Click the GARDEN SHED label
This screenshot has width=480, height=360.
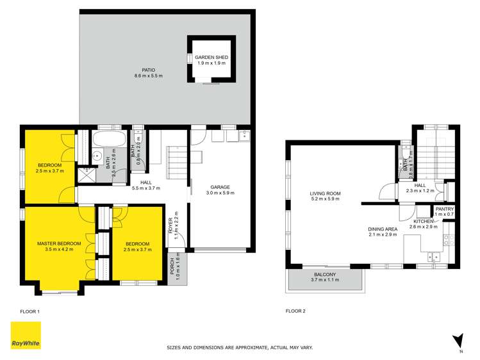tap(211, 58)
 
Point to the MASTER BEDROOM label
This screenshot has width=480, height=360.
tap(58, 243)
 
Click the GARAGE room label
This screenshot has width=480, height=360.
tap(218, 187)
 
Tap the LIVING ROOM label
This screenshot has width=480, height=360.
tap(325, 193)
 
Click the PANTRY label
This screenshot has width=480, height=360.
tap(445, 209)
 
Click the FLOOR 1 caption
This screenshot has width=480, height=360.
tap(29, 311)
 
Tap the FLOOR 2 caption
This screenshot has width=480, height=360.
tap(295, 311)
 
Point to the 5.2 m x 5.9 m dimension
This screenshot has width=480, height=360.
tap(325, 199)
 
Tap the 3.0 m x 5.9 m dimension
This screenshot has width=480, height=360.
tap(218, 193)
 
